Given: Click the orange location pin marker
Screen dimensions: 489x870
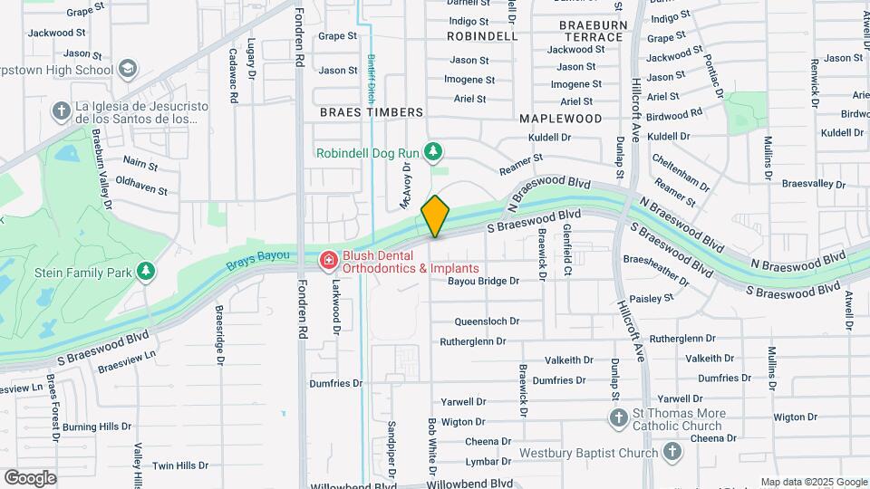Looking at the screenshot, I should click(436, 216).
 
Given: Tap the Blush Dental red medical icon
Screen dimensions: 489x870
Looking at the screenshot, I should click(328, 261).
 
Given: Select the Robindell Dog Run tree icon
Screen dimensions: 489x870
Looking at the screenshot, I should click(434, 151).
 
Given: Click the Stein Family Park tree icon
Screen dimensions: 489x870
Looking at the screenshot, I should click(146, 270).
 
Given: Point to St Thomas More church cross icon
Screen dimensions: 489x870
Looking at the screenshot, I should click(618, 417).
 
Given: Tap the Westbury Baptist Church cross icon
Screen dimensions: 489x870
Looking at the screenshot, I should click(672, 452).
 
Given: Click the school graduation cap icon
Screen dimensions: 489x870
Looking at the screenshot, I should click(128, 69).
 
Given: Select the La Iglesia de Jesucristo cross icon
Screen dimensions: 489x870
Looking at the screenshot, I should click(61, 111).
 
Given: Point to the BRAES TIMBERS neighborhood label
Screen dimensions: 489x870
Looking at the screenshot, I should click(372, 112).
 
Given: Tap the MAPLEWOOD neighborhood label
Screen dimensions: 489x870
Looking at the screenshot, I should click(560, 119).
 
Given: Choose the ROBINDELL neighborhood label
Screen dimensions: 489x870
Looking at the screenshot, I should click(482, 36).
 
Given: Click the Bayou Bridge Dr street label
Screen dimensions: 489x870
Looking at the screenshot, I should click(483, 281).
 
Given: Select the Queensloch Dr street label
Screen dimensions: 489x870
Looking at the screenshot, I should click(487, 321).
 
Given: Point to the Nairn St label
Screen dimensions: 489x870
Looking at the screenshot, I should click(140, 167).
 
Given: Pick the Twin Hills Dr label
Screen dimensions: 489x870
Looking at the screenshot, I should click(180, 465).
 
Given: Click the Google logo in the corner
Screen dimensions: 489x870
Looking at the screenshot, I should click(30, 477).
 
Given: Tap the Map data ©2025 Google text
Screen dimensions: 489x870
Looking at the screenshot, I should click(814, 482).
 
